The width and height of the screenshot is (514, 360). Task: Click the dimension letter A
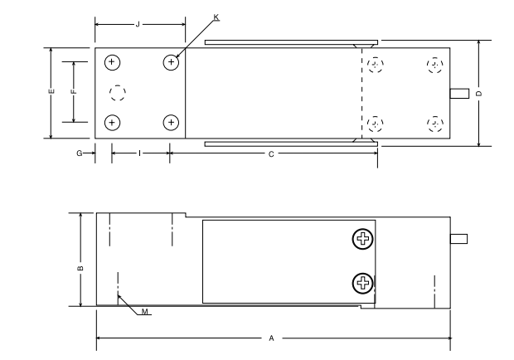coord(271,338)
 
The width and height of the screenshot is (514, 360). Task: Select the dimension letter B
coord(80,268)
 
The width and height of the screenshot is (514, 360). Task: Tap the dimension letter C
coord(271,154)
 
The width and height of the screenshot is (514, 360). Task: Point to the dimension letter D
coord(479,94)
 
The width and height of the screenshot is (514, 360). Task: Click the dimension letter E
coord(51,91)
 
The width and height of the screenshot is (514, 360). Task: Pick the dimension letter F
coord(74,91)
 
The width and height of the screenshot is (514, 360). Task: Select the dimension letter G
coord(80,153)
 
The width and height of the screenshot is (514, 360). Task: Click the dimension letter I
coord(139,153)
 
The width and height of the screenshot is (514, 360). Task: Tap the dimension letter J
coord(138,25)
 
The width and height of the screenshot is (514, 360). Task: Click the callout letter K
coord(216,17)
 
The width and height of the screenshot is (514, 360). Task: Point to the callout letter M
coord(145,312)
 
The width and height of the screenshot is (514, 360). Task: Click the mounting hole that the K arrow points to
coord(171,62)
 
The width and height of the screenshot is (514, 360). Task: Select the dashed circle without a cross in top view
coord(118,93)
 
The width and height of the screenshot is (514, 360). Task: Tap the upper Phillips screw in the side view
coord(362,239)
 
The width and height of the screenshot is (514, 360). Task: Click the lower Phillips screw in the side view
coord(362,283)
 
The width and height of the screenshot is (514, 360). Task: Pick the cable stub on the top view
coord(459,94)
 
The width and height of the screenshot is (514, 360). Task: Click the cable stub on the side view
coord(459,239)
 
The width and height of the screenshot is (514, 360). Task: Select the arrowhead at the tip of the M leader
coord(119,296)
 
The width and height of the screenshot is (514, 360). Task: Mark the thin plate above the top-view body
coord(292,42)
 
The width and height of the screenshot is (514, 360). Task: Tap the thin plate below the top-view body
coord(292,144)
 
